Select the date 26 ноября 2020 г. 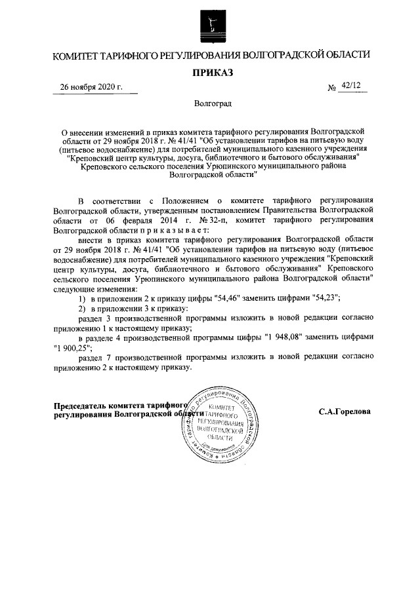[91, 87]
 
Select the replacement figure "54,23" [324, 297]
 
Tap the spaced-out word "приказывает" [173, 230]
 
